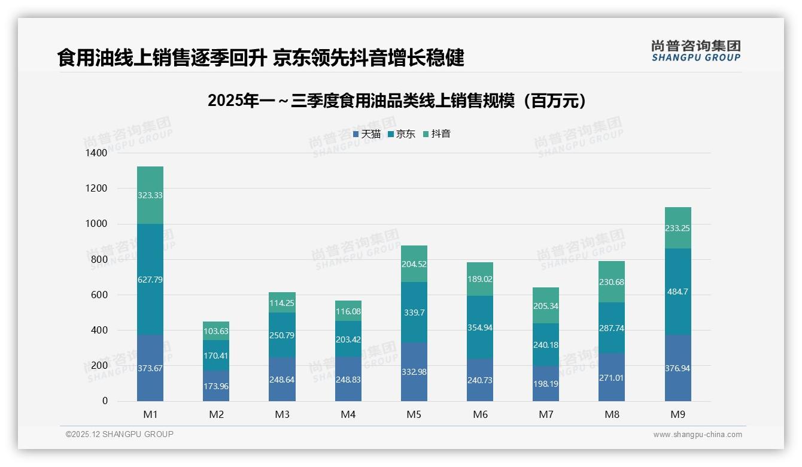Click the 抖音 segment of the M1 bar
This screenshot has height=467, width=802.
pos(150,195)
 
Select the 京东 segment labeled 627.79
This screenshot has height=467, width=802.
pos(150,279)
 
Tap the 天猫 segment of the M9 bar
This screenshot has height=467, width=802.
pos(678,368)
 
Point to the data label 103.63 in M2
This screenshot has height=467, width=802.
pos(216,331)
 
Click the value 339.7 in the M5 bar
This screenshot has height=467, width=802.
pos(414,312)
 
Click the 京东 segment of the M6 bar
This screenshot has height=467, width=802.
pos(480,327)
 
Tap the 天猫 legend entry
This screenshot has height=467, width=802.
pos(367,134)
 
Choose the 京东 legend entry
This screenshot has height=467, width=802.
pos(402,134)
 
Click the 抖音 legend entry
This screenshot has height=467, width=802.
pos(437,134)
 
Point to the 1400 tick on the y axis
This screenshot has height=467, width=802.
pos(95,153)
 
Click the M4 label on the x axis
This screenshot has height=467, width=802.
pos(348,414)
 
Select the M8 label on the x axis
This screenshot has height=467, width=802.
pos(612,414)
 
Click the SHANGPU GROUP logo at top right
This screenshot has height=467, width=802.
pos(695,50)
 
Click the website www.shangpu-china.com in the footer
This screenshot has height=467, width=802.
pos(697,435)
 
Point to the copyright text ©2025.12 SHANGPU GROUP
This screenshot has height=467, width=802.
pos(120,435)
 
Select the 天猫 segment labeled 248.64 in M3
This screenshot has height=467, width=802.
pos(282,380)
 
